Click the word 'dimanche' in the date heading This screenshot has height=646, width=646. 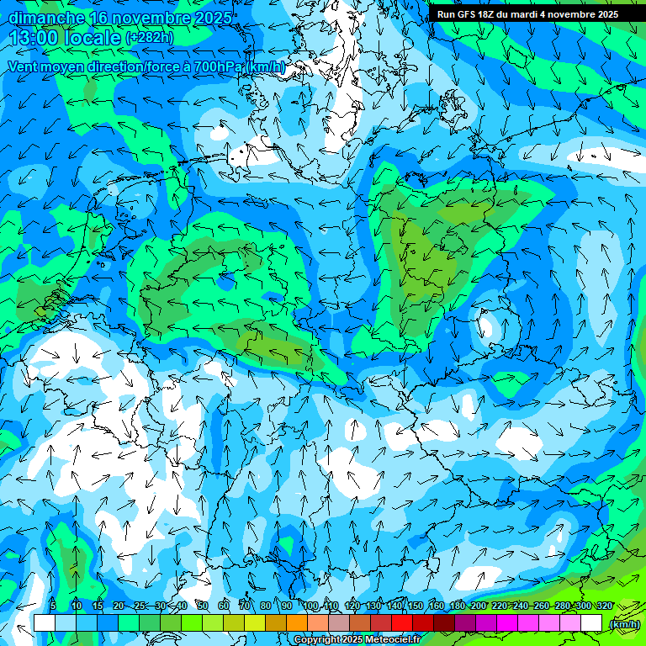click(x=46, y=17)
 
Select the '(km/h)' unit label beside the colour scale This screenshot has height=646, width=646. click(x=623, y=624)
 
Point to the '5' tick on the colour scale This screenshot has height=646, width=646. click(x=53, y=606)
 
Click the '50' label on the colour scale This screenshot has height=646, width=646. click(x=203, y=606)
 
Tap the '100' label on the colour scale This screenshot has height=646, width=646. click(x=310, y=606)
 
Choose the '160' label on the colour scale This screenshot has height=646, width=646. click(x=437, y=606)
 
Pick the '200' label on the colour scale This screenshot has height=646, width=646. click(x=479, y=606)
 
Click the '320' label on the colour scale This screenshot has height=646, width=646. click(x=604, y=606)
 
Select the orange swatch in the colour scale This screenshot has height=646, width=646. click(x=297, y=623)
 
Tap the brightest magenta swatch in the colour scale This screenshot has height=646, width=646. click(x=507, y=623)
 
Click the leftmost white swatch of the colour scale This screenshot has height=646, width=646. click(x=45, y=623)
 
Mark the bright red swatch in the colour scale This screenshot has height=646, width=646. click(x=402, y=623)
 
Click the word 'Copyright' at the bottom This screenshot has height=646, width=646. click(x=317, y=640)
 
